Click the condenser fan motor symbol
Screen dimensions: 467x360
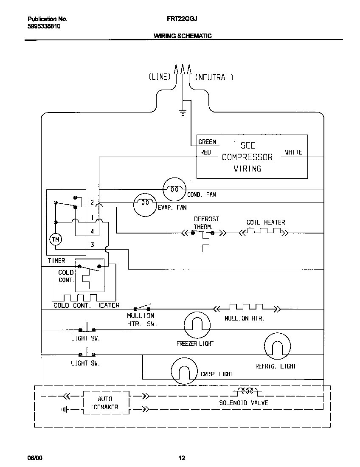(x=174, y=189)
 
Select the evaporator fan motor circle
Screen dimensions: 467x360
(x=145, y=205)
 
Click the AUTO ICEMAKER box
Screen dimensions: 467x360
(x=105, y=403)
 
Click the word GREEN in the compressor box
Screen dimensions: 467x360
(x=207, y=142)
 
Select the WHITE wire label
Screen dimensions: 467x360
(x=293, y=152)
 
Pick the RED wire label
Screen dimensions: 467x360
(x=205, y=152)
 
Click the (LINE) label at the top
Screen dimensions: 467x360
(x=159, y=77)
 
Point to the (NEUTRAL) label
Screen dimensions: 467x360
(x=214, y=77)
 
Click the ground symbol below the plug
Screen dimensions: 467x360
(x=183, y=113)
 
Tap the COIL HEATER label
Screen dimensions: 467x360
(x=266, y=222)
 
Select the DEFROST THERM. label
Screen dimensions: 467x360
(x=206, y=222)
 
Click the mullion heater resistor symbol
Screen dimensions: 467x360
(x=246, y=307)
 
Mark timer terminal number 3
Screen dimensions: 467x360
(x=92, y=245)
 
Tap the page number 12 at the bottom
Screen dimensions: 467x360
(x=182, y=458)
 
